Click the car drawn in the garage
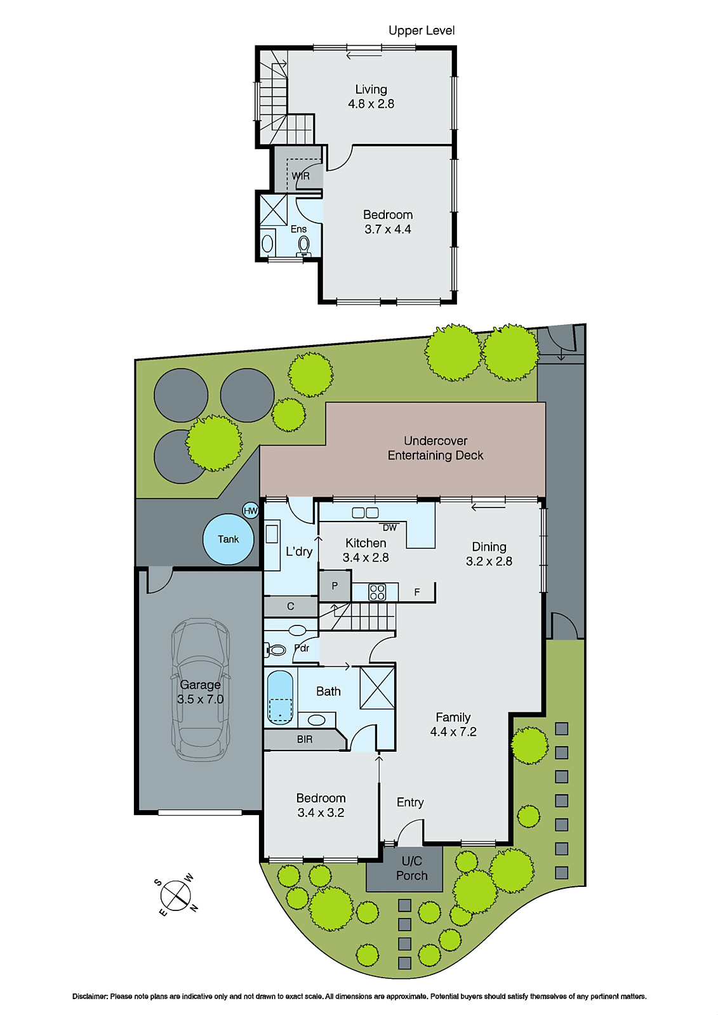tap(200, 691)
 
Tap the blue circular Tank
tap(228, 539)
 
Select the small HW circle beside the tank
tap(251, 511)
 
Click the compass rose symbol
tap(176, 896)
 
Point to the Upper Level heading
tap(422, 30)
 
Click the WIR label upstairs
tap(300, 176)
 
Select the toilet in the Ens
tap(304, 244)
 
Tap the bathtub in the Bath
tap(280, 697)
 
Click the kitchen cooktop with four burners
tap(377, 592)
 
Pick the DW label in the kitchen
tap(389, 528)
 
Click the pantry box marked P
tap(335, 586)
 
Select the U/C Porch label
tap(411, 868)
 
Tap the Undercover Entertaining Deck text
tap(435, 448)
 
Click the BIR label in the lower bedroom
tap(305, 739)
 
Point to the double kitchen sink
tap(365, 513)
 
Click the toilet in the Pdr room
tap(276, 650)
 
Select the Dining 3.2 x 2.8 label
tap(489, 554)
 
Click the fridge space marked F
tap(417, 592)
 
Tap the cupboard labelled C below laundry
tap(290, 606)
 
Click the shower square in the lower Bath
tap(377, 688)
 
